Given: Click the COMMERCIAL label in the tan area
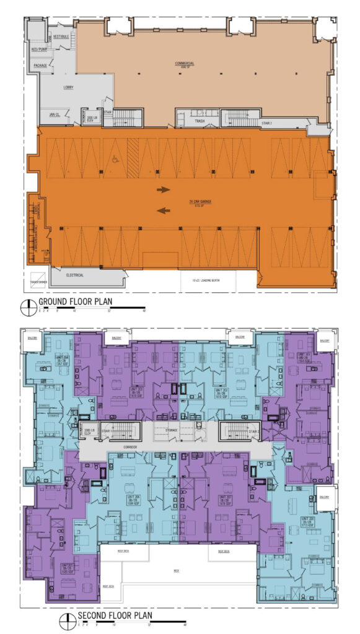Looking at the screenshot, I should (185, 63).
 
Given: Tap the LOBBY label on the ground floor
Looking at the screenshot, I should (68, 87).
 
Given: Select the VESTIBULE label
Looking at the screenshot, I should (61, 37).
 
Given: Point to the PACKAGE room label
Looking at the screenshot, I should (40, 65).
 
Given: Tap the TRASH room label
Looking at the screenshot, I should (200, 121).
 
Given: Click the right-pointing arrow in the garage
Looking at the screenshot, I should (164, 190).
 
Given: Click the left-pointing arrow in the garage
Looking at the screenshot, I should (164, 211).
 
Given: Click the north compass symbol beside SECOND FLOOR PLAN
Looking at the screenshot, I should (65, 618).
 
